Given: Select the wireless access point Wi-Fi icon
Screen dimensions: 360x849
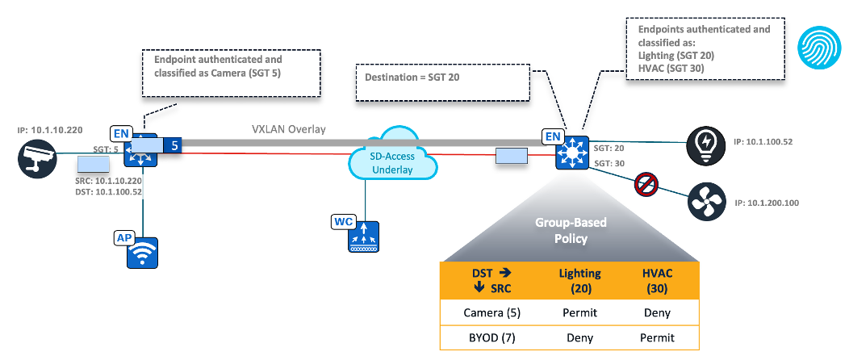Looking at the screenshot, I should pos(142,253).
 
